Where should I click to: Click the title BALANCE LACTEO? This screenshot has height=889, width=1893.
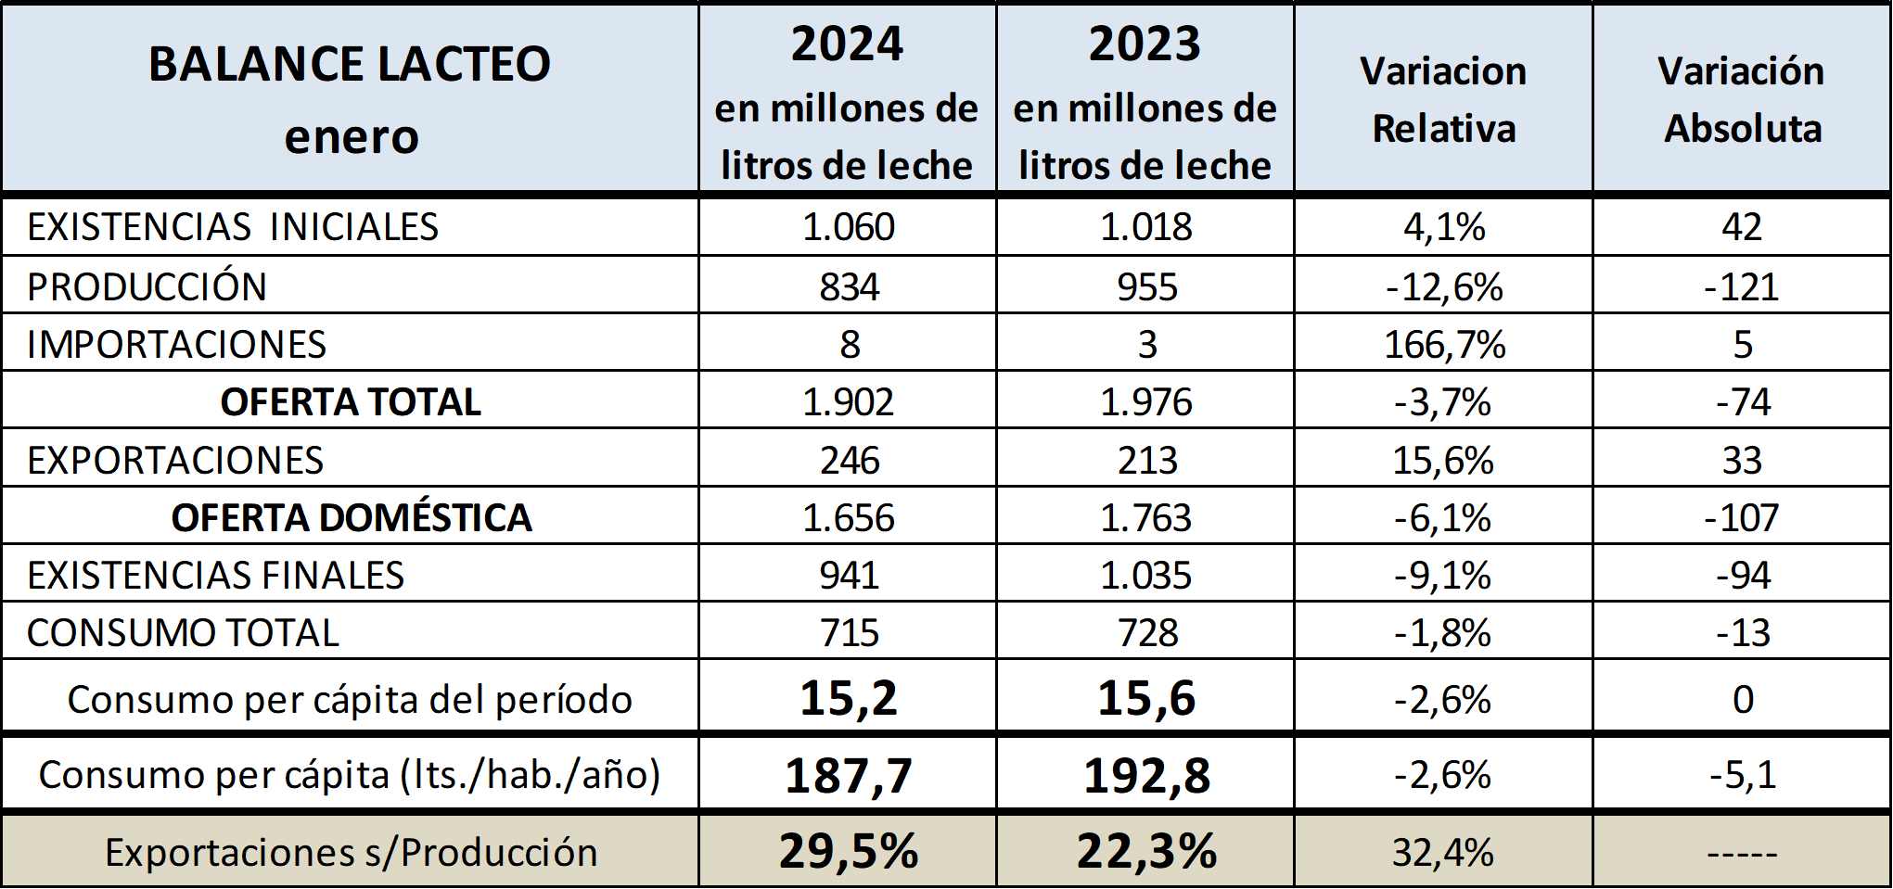350,64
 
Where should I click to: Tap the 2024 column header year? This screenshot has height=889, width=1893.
847,44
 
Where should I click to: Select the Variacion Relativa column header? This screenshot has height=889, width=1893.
1443,99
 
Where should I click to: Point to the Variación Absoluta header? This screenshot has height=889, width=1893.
1742,99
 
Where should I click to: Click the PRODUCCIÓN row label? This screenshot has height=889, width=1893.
147,286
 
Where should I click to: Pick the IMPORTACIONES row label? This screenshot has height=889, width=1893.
176,344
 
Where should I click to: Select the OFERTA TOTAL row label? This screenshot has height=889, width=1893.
351,402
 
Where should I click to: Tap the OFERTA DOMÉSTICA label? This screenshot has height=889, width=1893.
352,517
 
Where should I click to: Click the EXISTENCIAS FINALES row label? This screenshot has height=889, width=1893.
215,575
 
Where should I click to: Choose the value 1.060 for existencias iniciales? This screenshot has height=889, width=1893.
848,227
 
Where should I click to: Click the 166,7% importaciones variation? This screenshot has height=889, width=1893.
1444,345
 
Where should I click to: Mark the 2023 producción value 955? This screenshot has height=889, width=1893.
1146,286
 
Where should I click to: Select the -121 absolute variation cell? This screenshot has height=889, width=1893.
1741,286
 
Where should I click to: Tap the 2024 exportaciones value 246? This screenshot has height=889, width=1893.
849,460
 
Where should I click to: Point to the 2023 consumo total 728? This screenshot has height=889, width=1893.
1147,633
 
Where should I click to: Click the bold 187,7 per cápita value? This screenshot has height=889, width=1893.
849,775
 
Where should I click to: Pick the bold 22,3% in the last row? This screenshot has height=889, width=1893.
1146,851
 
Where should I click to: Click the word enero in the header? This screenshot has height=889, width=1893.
352,137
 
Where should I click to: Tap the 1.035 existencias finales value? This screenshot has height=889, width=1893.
1145,575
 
